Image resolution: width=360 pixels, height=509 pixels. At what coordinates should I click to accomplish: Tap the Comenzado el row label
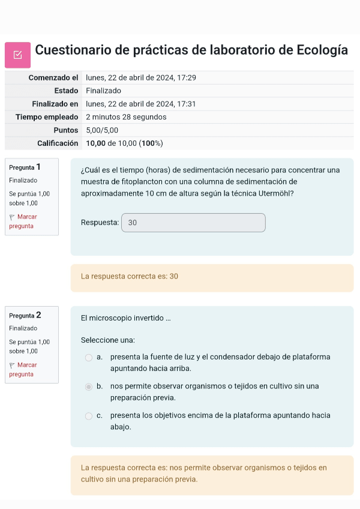pos(53,78)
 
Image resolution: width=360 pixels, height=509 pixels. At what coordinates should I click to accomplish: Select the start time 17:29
pos(187,78)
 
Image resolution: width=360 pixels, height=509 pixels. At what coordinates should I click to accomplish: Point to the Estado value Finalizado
pos(103,91)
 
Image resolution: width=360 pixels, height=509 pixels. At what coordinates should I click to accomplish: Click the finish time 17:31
pos(187,104)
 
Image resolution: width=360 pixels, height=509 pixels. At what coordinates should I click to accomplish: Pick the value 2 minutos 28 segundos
pos(126,117)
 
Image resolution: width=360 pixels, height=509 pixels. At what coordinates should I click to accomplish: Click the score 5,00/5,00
pos(102,130)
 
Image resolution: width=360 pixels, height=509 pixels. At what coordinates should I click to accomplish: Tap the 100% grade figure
pos(151,143)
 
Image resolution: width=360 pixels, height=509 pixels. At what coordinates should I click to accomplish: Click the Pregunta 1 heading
pos(25,167)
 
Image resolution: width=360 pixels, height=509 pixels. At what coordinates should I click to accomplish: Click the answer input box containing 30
pos(193,223)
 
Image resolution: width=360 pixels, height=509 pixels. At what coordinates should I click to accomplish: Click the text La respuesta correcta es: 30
pos(130,277)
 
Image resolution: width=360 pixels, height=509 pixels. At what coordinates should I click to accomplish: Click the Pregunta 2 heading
pos(25,315)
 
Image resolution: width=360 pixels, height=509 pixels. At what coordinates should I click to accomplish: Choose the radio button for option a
pos(89,358)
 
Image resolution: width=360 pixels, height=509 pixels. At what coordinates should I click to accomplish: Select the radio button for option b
pos(89,387)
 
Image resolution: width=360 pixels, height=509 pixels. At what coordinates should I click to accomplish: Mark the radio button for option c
pos(89,415)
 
